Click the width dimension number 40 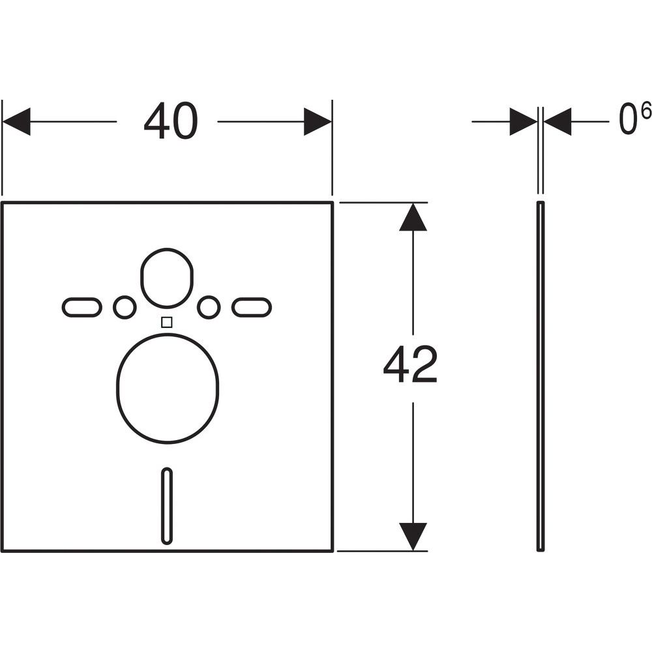point(170,121)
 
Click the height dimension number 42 point(410,364)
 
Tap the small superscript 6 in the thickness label point(645,111)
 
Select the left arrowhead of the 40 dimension point(17,121)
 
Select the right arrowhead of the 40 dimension point(318,121)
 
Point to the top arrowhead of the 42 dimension point(413,216)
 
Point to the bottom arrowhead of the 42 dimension point(413,537)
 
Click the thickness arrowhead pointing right point(524,121)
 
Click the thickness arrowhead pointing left point(557,121)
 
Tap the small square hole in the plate point(167,322)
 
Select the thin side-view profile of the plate point(541,377)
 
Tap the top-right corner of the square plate point(333,203)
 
